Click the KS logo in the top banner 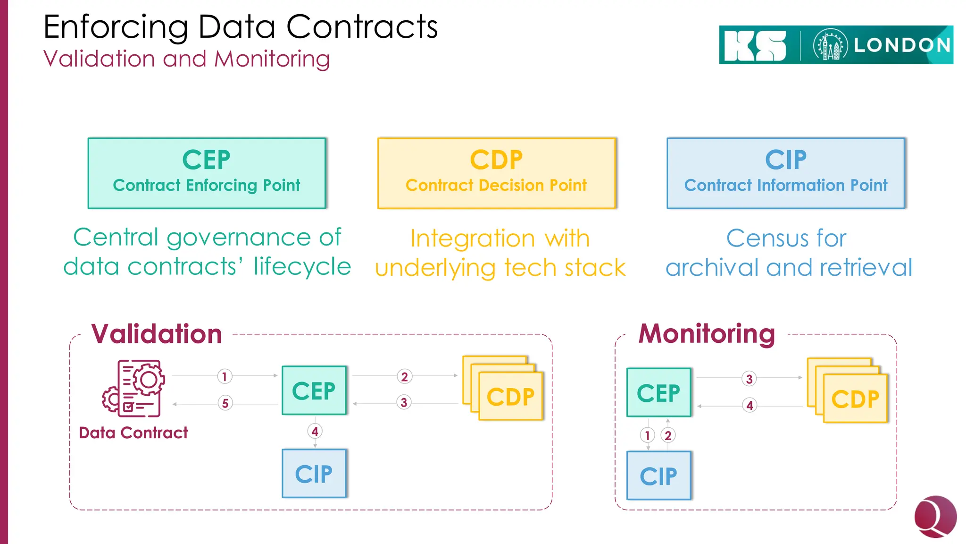point(755,46)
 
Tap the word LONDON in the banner point(902,45)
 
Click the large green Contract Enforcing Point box point(207,173)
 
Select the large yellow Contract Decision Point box point(497,173)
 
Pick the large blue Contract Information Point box point(786,173)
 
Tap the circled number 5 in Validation point(225,403)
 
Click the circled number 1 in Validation point(225,376)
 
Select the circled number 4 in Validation point(315,431)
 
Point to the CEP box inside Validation point(314,391)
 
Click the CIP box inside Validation point(314,474)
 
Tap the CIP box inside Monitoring point(658,476)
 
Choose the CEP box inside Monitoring point(658,392)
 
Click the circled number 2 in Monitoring point(668,435)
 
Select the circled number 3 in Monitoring point(749,379)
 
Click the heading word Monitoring point(707,334)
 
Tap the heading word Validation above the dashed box point(157,334)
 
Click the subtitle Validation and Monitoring point(186,59)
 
